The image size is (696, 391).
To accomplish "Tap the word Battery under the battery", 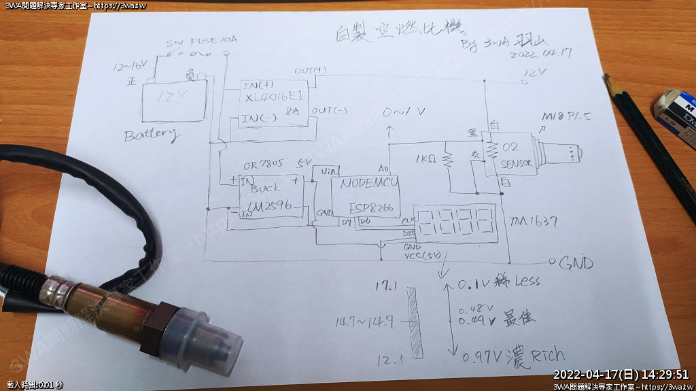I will click(152, 134).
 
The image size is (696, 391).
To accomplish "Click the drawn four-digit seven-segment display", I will click(456, 222).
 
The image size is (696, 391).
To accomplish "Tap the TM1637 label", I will click(534, 222).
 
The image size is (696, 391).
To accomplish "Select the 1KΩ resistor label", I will click(426, 160).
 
